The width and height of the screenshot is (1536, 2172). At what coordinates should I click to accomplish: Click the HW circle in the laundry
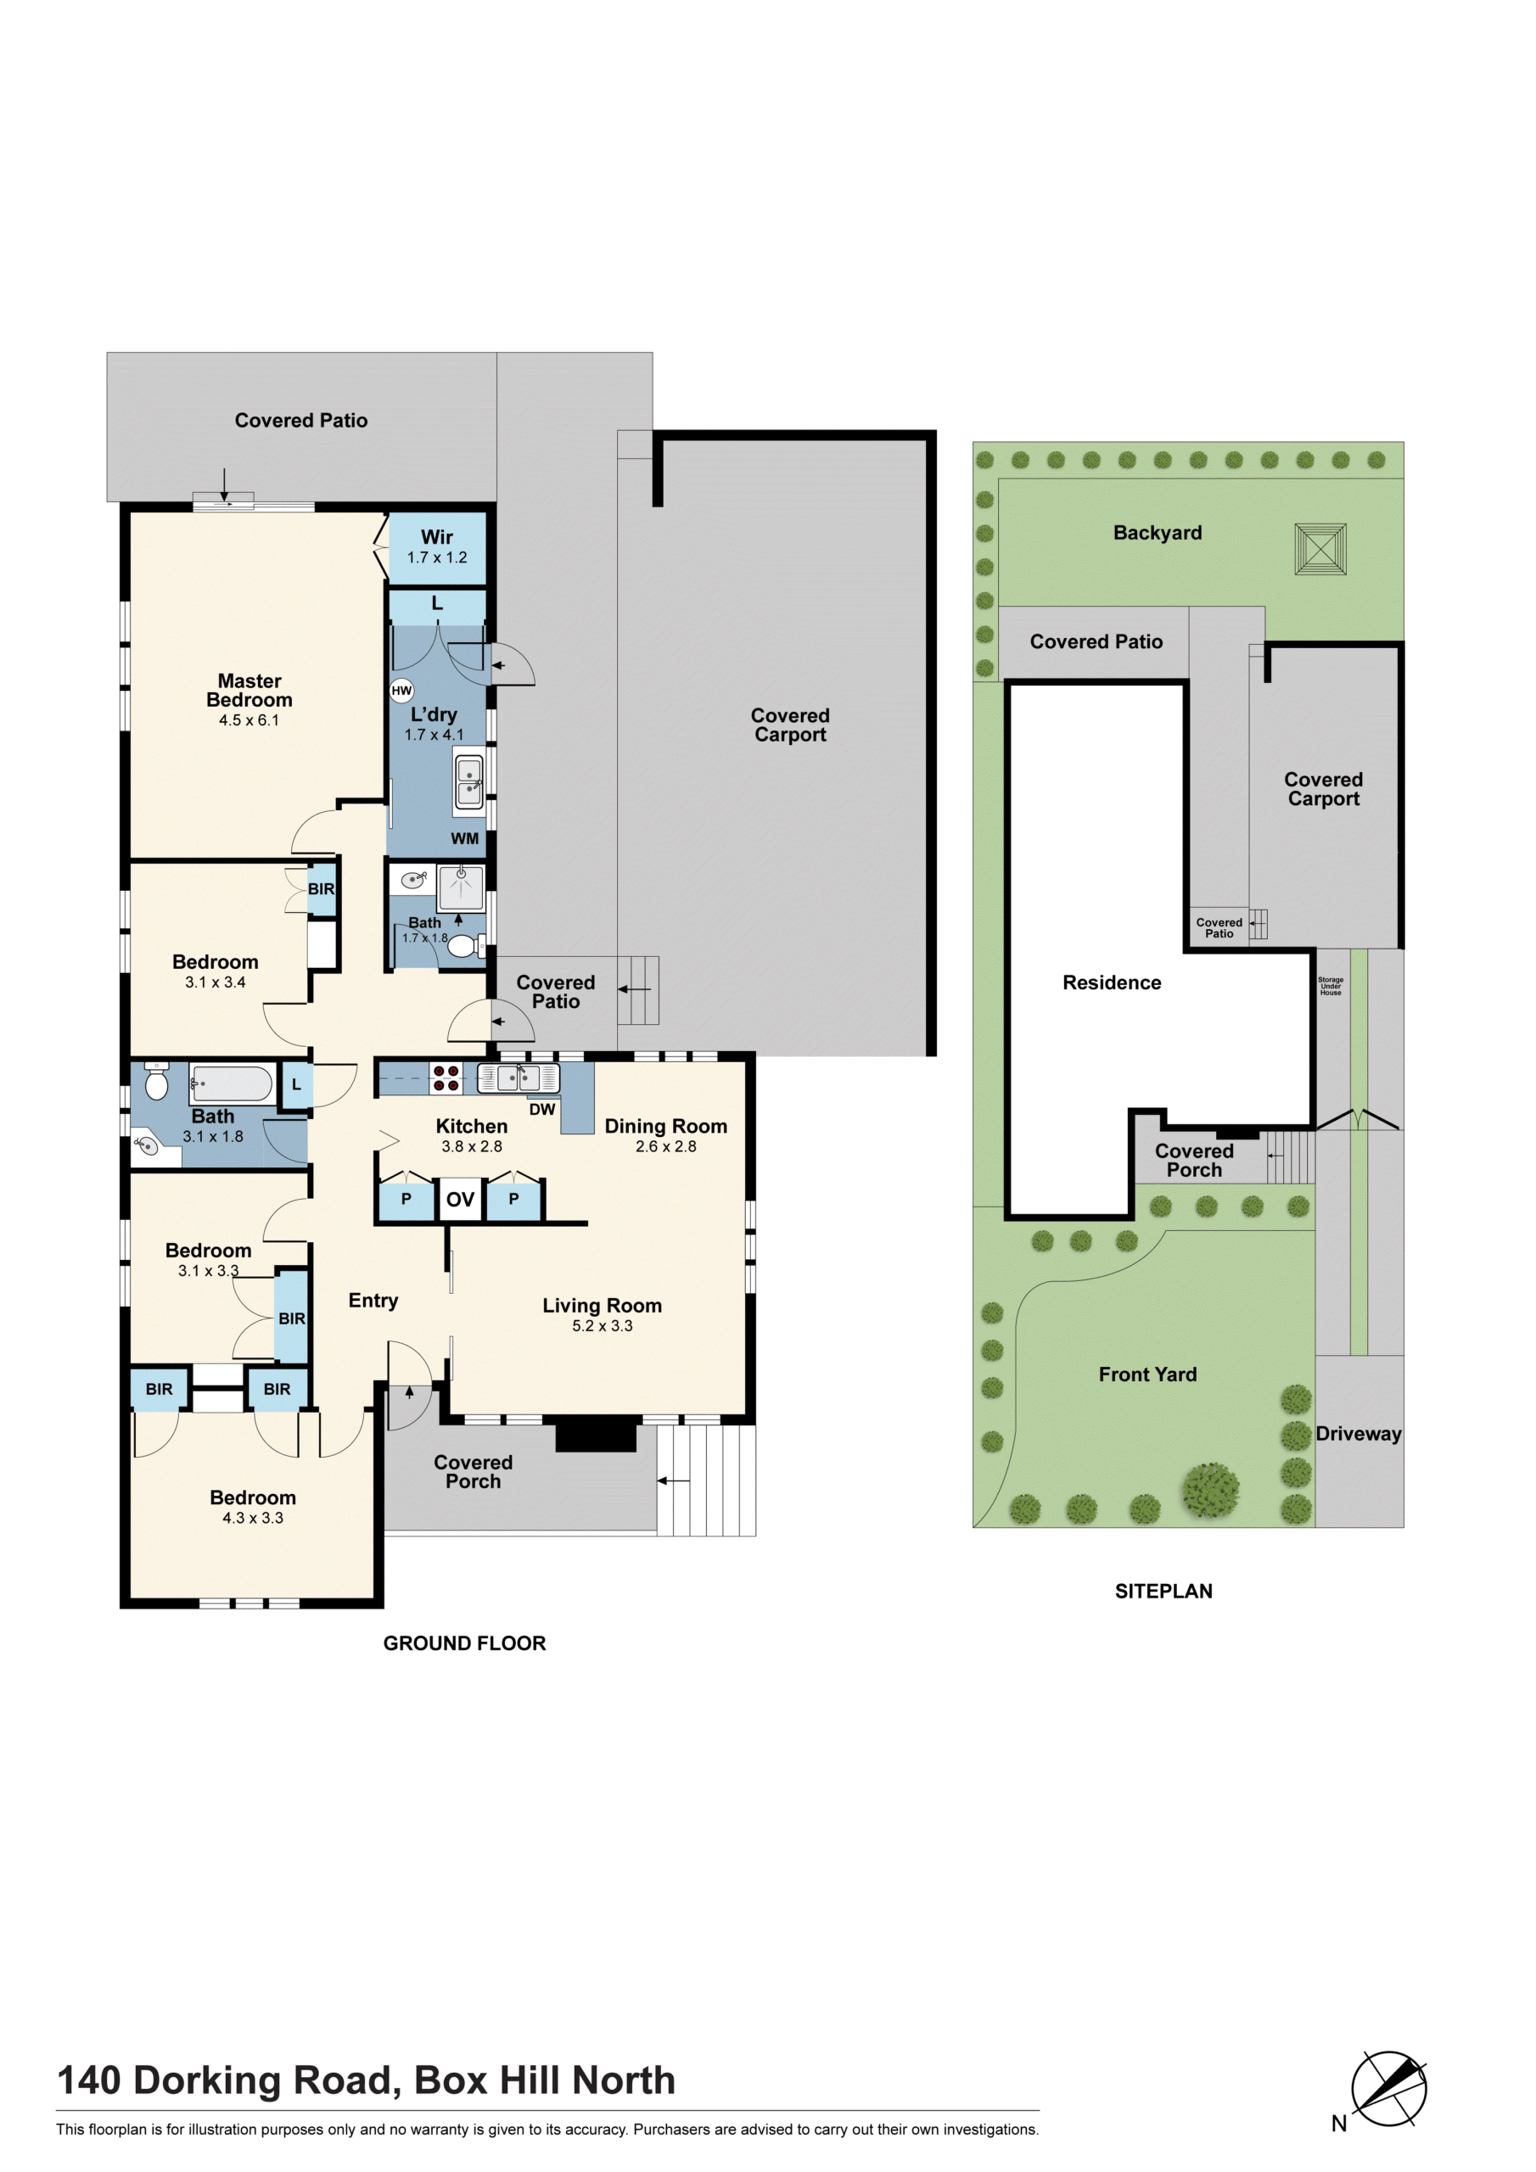(401, 691)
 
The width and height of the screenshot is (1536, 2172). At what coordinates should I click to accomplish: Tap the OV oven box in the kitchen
(460, 1200)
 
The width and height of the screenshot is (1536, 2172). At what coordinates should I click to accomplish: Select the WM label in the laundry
(465, 838)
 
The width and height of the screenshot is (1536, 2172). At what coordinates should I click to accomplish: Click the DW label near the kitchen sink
(542, 1110)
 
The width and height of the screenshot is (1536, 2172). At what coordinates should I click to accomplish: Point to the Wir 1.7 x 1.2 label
(437, 546)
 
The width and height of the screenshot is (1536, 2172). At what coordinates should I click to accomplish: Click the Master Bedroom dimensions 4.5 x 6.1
(249, 720)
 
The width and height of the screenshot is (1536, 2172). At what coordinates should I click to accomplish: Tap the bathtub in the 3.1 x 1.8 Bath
(232, 1083)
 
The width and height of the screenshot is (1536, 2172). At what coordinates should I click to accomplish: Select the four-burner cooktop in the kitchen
(446, 1078)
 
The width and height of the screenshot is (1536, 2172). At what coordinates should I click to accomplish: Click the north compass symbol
(1388, 2089)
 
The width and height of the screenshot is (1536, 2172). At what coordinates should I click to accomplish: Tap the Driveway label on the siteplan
(1358, 1433)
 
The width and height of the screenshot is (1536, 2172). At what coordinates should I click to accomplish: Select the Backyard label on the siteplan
(1158, 533)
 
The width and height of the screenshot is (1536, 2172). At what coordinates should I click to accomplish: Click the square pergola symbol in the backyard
(1320, 550)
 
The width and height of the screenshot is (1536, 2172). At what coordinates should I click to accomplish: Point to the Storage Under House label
(1331, 986)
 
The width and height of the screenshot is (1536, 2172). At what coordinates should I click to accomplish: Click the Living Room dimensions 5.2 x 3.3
(602, 1325)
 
